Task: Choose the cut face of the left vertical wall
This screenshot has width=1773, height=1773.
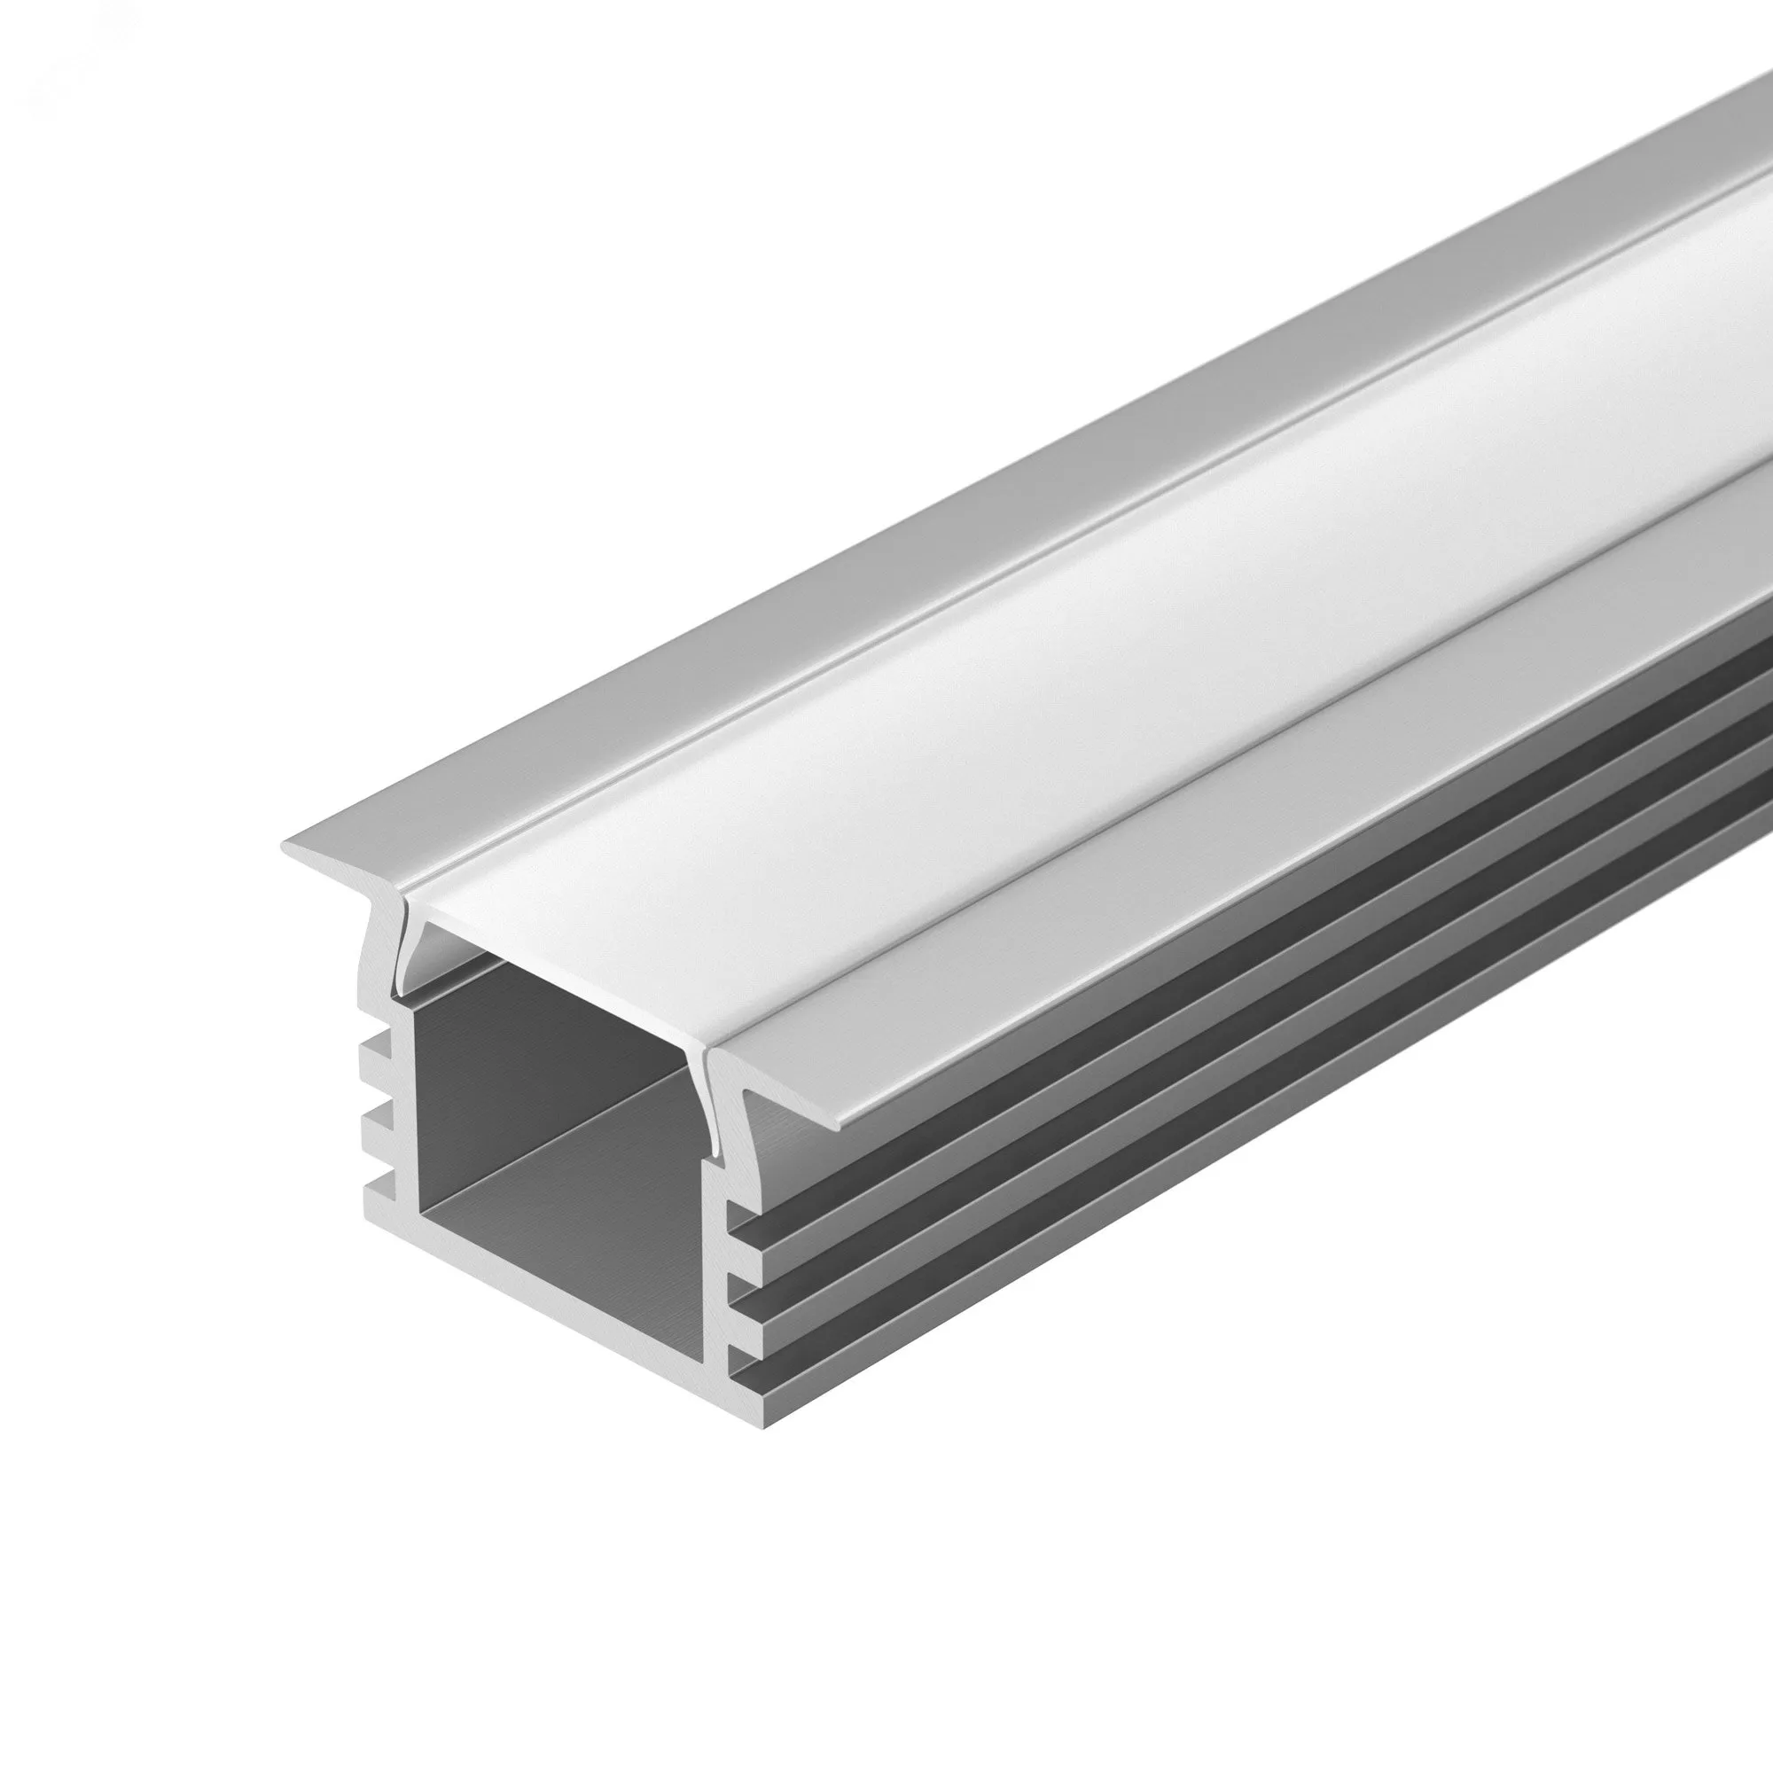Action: tap(400, 1101)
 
